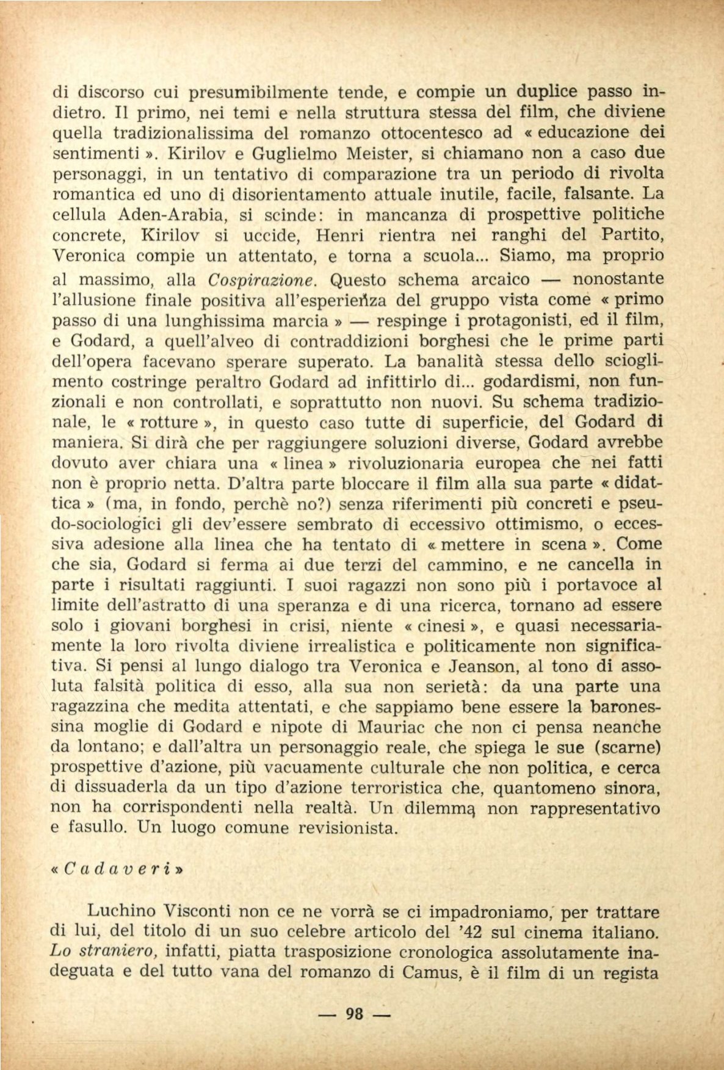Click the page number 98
coord(355,1013)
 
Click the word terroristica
coord(383,788)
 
